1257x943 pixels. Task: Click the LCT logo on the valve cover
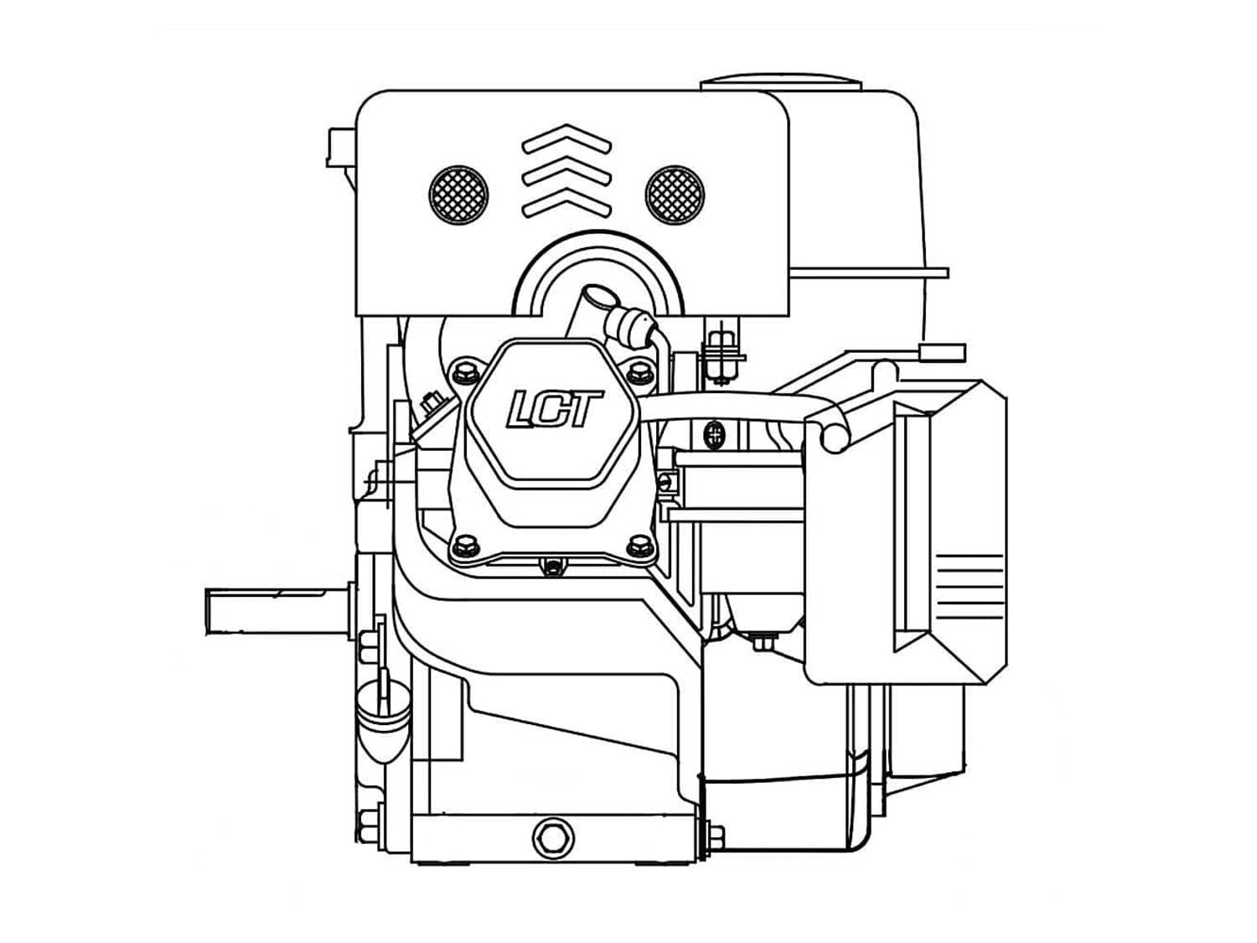(x=554, y=409)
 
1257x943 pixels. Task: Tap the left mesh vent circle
(x=458, y=195)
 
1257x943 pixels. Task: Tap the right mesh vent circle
(x=675, y=195)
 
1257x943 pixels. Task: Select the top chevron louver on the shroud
(x=566, y=138)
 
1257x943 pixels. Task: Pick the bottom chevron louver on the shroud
(x=566, y=203)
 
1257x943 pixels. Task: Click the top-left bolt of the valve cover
(x=464, y=373)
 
